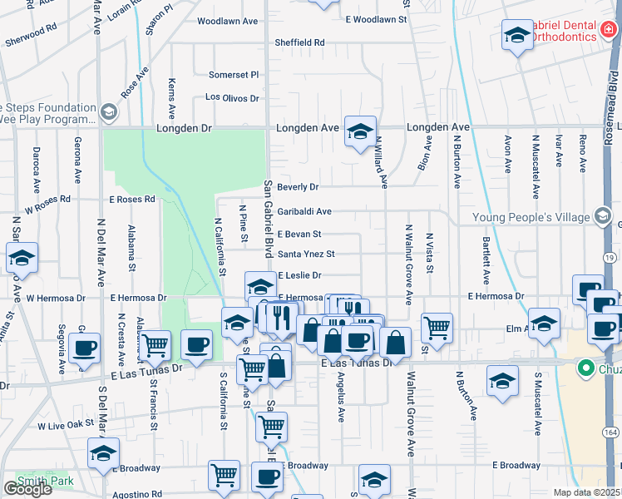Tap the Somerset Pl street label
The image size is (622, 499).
[x=234, y=74]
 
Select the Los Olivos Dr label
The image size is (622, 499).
[x=233, y=98]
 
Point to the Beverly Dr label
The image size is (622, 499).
[x=298, y=187]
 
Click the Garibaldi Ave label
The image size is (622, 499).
[x=304, y=211]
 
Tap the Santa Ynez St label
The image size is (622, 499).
[x=305, y=254]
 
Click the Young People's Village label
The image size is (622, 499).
[x=532, y=218]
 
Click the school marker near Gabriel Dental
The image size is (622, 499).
[x=516, y=36]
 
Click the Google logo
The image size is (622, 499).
[x=27, y=489]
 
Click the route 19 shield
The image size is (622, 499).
[x=610, y=259]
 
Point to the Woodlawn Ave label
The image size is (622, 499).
[x=228, y=21]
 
